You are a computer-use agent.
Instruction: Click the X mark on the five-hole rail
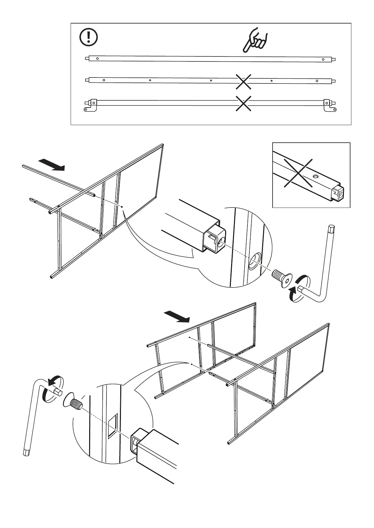[244, 81]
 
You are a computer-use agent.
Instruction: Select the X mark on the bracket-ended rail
[244, 103]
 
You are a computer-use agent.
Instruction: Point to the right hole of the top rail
[323, 59]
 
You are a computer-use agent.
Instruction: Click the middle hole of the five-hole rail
[211, 80]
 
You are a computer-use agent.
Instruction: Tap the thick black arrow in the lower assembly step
[177, 316]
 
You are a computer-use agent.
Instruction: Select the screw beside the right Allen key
[282, 278]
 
